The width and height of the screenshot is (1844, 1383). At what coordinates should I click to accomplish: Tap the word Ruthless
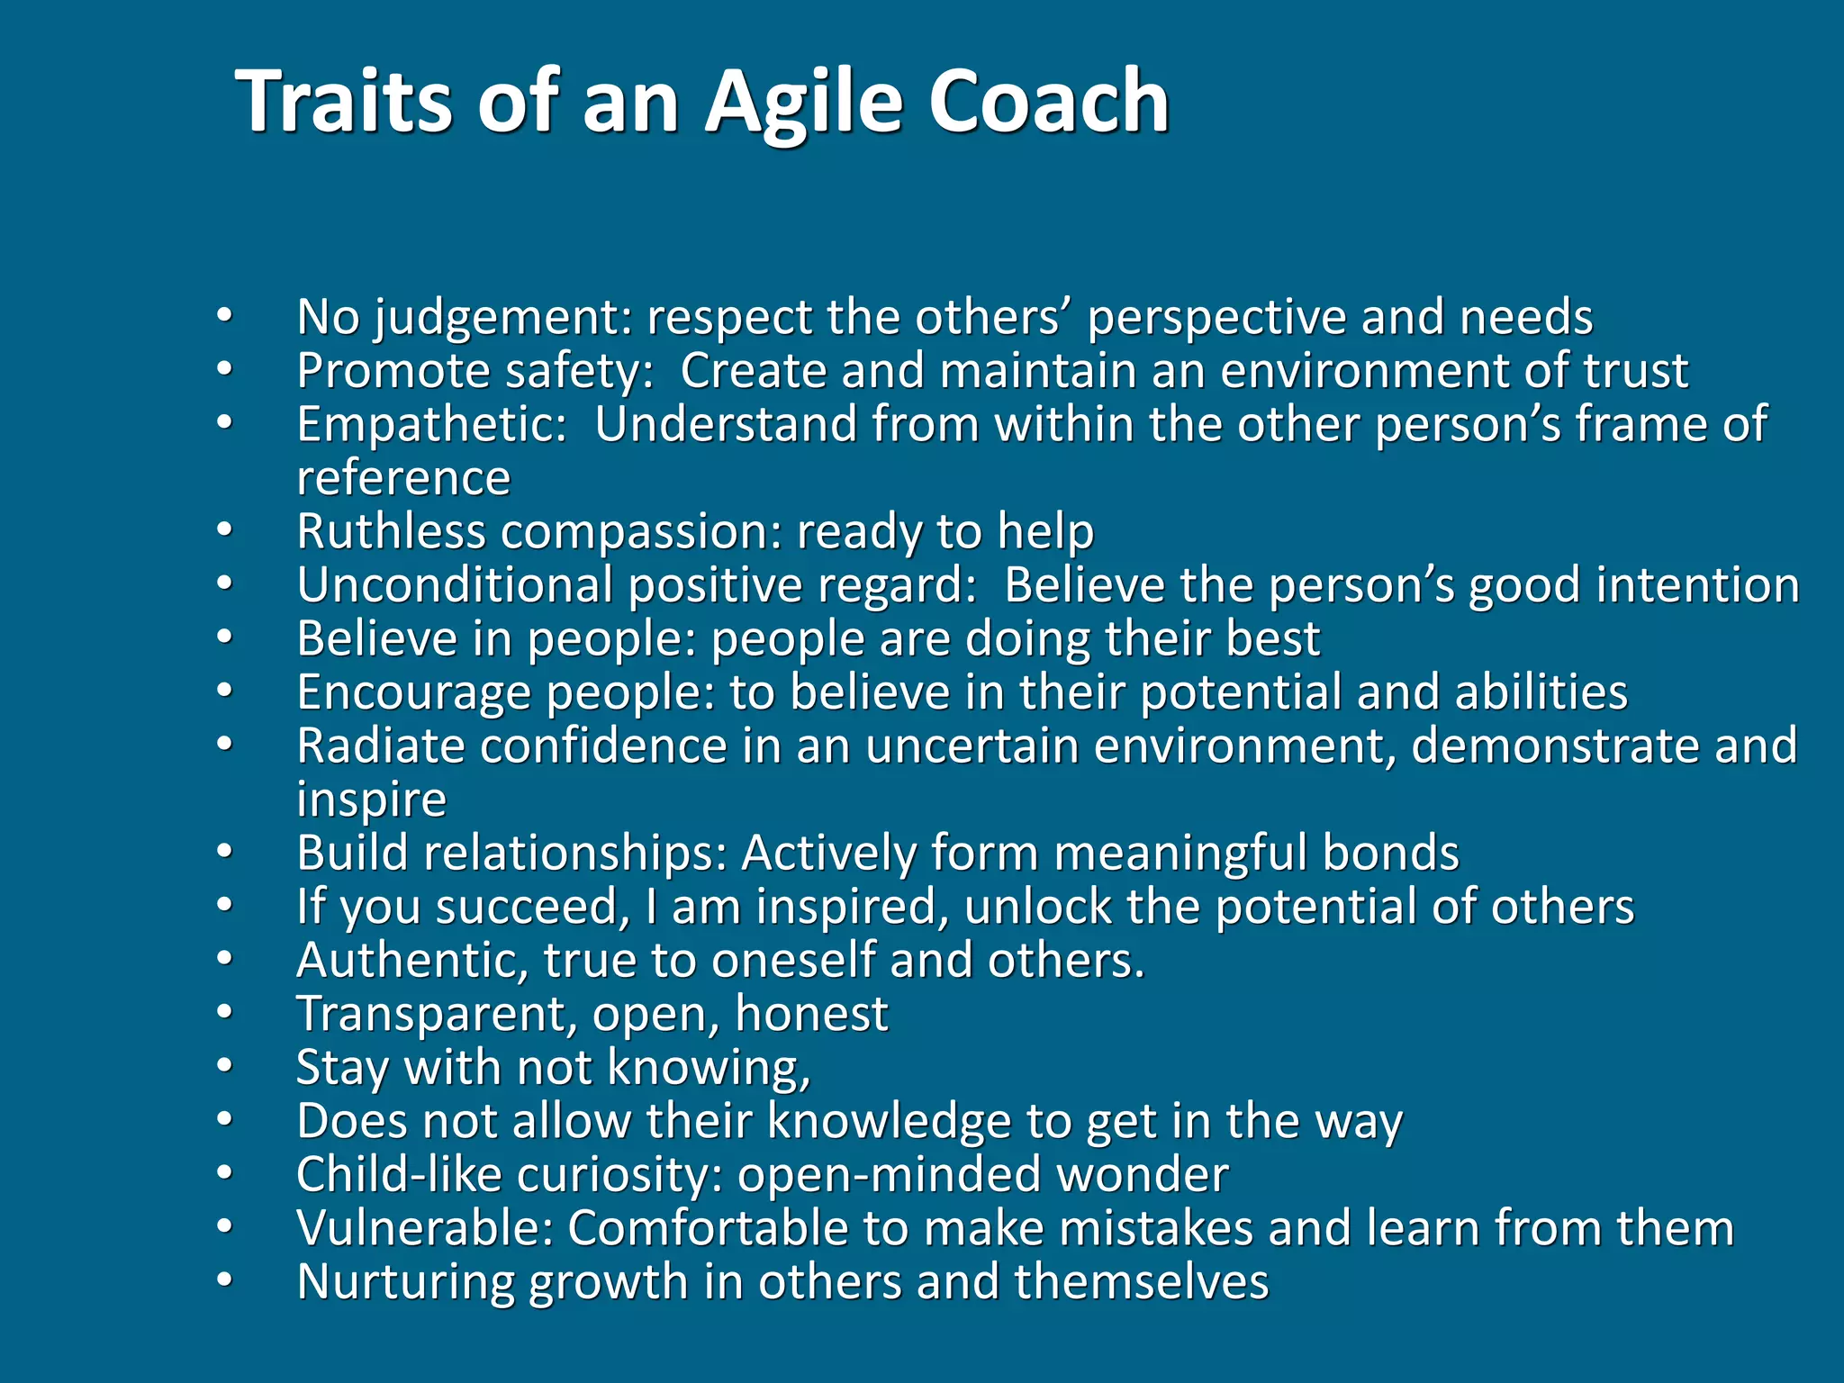click(x=391, y=531)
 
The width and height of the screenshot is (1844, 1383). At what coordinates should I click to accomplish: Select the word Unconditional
click(x=455, y=585)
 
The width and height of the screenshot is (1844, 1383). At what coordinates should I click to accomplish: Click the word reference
click(x=403, y=478)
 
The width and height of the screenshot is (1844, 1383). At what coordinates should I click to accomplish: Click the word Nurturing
click(x=404, y=1282)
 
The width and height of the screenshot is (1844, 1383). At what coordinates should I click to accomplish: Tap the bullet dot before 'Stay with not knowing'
click(x=224, y=1067)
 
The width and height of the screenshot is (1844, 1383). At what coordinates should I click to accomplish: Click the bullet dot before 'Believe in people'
click(x=224, y=638)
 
